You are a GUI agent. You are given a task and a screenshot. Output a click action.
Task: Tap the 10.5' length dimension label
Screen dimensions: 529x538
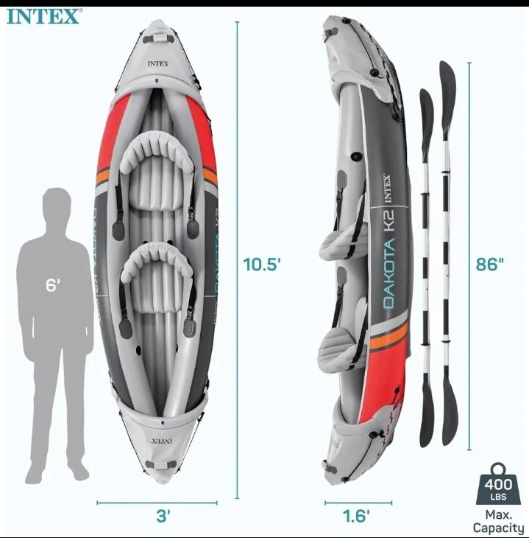click(262, 264)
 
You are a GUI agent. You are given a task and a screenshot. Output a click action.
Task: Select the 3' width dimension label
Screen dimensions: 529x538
click(163, 516)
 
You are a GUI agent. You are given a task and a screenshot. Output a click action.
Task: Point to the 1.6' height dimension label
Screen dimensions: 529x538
click(356, 516)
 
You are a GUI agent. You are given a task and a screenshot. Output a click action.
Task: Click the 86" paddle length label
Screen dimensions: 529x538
click(489, 264)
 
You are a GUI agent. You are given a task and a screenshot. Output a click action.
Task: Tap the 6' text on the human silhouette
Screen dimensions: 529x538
click(53, 284)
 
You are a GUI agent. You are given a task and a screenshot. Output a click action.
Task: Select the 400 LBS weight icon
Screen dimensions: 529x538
click(498, 484)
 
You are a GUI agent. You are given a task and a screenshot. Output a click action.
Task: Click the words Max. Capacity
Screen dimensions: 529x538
click(498, 522)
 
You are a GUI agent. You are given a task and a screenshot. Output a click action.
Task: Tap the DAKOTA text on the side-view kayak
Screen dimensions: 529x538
click(389, 273)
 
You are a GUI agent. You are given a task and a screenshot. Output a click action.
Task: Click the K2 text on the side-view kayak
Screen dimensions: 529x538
click(389, 220)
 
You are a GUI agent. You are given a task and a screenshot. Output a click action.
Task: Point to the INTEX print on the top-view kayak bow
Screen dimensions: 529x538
click(158, 64)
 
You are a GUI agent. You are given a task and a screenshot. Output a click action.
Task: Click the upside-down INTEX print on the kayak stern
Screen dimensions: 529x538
click(162, 441)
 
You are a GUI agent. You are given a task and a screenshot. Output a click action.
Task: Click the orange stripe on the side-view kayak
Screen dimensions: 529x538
click(389, 338)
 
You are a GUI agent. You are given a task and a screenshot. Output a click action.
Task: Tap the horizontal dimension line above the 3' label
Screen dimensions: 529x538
click(157, 503)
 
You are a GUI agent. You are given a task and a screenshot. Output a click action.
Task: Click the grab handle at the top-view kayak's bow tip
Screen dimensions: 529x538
click(157, 38)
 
